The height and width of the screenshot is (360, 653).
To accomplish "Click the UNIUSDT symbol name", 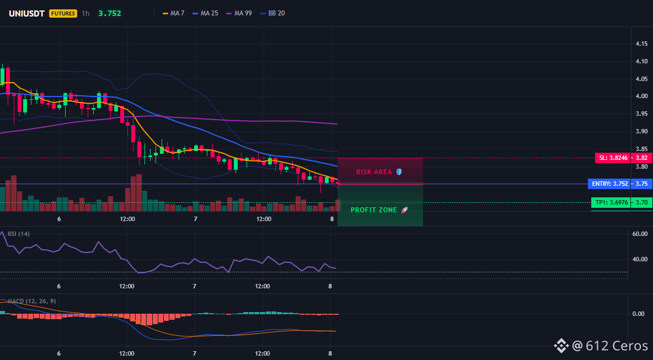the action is [26, 13].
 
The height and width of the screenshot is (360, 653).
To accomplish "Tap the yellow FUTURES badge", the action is [63, 13].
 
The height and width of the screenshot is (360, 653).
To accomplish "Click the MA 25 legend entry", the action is [205, 13].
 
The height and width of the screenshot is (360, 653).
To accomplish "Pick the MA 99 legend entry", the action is [239, 13].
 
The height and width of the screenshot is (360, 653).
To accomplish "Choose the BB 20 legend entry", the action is [272, 13].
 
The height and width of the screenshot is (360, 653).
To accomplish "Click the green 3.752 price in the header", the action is [110, 13].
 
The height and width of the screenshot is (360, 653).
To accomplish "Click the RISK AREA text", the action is [374, 172].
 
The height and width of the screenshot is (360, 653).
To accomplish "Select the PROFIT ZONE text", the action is [374, 210].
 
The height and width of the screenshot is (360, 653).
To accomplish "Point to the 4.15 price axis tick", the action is [642, 44].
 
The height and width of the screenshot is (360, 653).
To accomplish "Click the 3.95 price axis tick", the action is [642, 114].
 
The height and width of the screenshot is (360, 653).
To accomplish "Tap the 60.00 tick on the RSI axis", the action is [640, 234].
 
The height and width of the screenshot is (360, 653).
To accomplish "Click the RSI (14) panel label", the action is [19, 234].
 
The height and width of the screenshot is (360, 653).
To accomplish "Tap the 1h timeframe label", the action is [85, 13].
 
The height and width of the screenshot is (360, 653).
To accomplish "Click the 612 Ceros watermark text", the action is [617, 346].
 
